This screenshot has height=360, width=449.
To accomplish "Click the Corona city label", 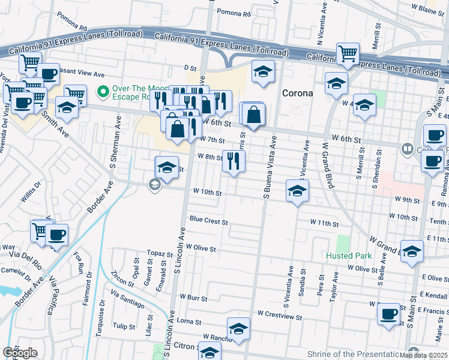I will (297, 93).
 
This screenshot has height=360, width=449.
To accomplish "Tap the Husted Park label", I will (348, 256).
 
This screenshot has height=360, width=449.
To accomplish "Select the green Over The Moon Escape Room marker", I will (103, 92).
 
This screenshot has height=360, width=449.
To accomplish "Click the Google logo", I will (20, 353).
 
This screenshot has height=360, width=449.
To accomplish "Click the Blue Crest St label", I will (208, 221).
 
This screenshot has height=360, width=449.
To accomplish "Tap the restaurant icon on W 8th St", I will (234, 160).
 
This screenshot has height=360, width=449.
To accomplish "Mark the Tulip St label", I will (124, 326).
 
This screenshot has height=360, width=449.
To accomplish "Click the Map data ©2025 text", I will (423, 355).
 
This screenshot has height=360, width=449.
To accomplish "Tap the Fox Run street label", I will (78, 262).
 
